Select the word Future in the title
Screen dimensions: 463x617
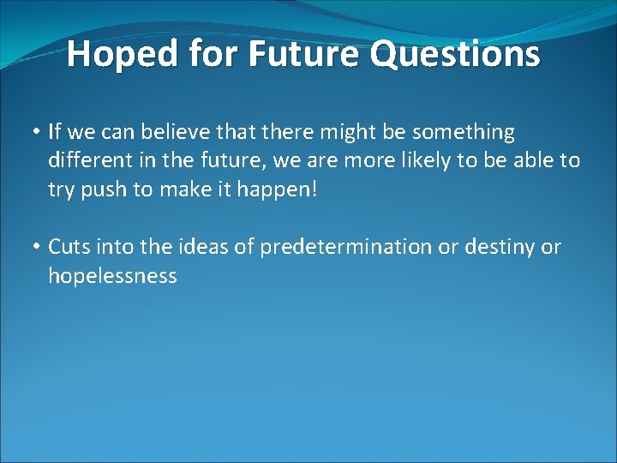pyautogui.click(x=299, y=54)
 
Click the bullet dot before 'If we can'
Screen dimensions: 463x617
pyautogui.click(x=39, y=132)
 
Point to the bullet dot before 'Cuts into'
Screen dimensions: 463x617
pyautogui.click(x=39, y=248)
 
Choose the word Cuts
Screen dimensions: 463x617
pyautogui.click(x=69, y=247)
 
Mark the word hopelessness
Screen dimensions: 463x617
pyautogui.click(x=112, y=275)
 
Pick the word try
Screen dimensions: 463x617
pyautogui.click(x=61, y=189)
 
